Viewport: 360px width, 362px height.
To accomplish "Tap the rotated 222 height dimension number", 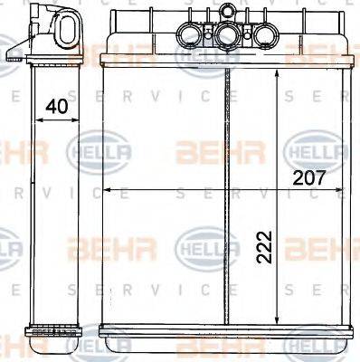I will coord(263,244).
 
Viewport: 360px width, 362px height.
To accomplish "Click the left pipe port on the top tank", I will coord(192,35).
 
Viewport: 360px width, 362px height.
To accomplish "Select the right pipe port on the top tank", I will coord(262,35).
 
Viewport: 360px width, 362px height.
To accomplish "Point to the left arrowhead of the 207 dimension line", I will coord(105,191).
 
